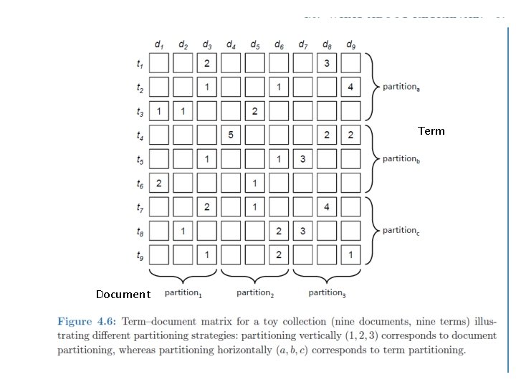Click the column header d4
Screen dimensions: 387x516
231,44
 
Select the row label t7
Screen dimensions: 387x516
140,207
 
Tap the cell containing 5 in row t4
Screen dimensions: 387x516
231,135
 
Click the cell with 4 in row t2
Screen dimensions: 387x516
350,87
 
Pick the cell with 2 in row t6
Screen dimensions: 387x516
159,183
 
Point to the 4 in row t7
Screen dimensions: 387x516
327,207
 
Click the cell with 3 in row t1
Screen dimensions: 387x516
327,64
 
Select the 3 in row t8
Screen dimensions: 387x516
302,231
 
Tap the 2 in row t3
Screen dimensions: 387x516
254,111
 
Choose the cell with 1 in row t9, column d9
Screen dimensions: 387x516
350,254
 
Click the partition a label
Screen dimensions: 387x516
401,87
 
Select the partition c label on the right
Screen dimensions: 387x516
401,230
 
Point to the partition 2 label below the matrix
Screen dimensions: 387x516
255,292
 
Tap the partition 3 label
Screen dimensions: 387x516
328,292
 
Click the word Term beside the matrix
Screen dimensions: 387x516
431,131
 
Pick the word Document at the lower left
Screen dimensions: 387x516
123,295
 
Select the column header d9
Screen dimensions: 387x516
350,44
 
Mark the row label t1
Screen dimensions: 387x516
140,64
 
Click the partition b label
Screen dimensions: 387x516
401,158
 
